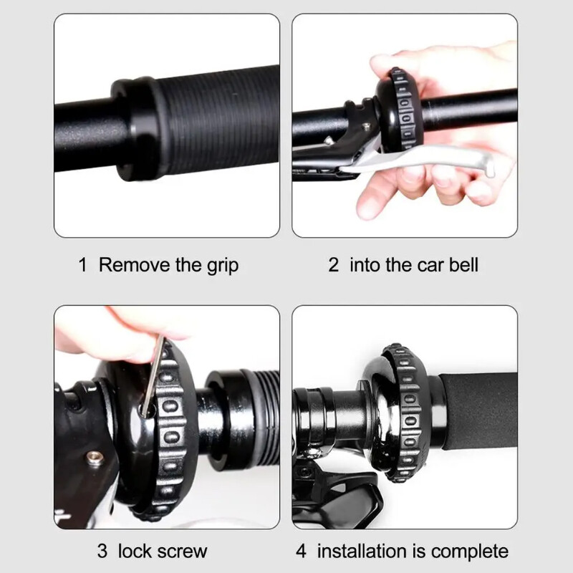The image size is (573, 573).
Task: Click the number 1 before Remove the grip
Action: pos(83,264)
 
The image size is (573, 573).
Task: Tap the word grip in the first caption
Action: pos(223,266)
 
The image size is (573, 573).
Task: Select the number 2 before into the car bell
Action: pos(333,264)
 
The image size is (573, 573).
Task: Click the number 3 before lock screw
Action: pos(102,551)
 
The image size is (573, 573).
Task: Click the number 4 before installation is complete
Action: pos(301,551)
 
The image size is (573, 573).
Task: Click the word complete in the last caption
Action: pos(470,552)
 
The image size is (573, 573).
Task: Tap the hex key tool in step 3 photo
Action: pos(153,377)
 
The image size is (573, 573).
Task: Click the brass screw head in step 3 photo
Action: pos(95,458)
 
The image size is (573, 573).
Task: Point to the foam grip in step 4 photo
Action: pos(479,410)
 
